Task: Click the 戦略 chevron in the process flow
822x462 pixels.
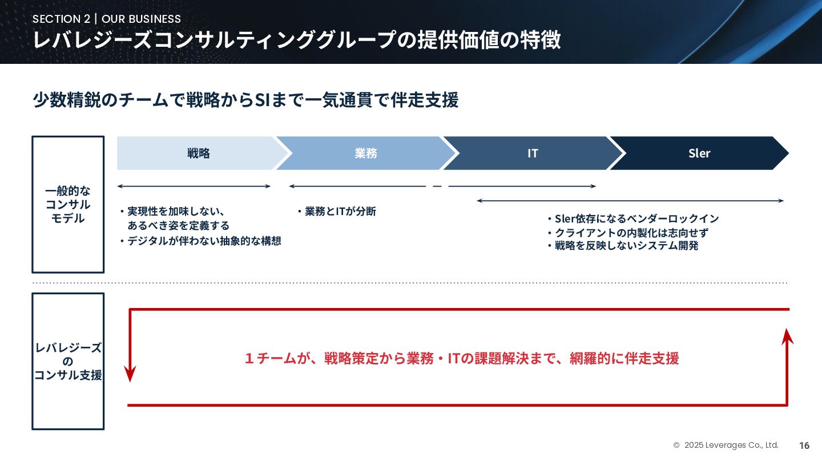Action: point(198,153)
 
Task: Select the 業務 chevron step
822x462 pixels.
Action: point(365,153)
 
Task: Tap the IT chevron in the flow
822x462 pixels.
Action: point(532,153)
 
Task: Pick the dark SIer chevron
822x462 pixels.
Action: point(699,153)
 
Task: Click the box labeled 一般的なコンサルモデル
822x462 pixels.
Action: point(68,204)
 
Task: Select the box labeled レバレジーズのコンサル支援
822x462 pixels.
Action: point(68,361)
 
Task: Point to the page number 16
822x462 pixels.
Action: point(804,445)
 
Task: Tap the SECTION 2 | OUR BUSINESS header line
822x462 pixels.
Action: point(107,19)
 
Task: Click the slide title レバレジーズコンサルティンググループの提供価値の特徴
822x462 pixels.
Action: point(297,40)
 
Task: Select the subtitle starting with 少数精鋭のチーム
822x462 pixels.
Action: point(245,100)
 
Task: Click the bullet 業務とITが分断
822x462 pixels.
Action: point(336,212)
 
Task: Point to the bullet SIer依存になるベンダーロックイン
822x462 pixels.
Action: point(632,218)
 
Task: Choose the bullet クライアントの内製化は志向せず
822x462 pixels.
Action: point(627,233)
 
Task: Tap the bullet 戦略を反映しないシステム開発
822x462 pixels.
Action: point(622,246)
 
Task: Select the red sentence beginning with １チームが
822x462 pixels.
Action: point(461,358)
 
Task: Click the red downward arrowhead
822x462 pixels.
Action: point(131,374)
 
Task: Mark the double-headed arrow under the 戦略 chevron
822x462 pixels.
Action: point(194,186)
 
